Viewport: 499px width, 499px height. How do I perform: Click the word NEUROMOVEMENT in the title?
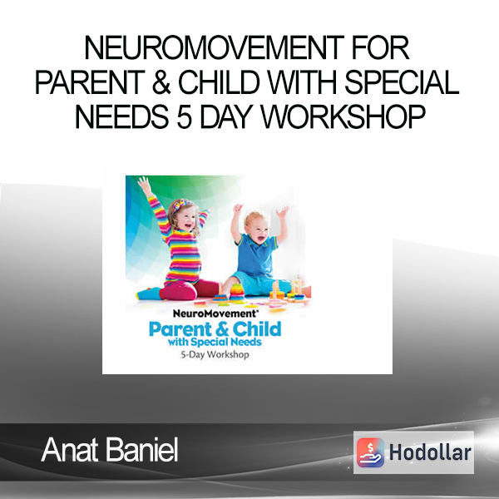215,48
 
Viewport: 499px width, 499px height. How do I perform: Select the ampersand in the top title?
161,82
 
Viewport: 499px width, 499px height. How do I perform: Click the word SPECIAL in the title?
402,82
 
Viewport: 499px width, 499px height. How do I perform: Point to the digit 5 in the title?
185,116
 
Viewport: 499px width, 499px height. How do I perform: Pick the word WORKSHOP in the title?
343,116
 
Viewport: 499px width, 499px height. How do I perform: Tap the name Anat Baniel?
110,450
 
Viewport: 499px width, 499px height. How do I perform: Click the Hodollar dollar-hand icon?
370,452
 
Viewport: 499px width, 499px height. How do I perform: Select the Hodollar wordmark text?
430,452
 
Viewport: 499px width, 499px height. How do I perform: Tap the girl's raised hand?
145,185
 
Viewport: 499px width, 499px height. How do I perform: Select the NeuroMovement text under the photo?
215,314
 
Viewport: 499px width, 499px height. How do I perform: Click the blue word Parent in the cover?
180,329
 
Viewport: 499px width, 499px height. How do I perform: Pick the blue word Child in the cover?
257,329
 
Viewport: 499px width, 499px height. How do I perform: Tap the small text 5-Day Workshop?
215,354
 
